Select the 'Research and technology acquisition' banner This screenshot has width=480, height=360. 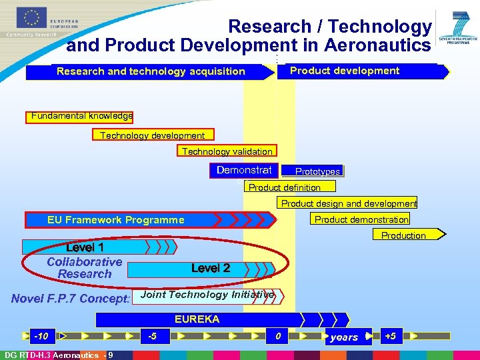[151, 71]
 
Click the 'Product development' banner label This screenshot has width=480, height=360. [345, 71]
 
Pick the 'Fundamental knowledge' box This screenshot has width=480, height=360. [81, 117]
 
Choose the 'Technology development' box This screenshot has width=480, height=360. [153, 135]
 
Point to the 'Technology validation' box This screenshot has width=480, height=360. [227, 151]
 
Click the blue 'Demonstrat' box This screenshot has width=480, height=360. [244, 171]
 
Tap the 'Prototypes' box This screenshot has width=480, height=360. [317, 171]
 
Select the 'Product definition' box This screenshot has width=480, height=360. [285, 187]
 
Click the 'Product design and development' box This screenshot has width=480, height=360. [349, 203]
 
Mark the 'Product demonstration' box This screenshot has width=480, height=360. [361, 219]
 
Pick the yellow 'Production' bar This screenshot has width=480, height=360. [403, 235]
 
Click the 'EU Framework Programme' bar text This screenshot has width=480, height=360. [116, 219]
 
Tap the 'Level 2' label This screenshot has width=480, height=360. [211, 268]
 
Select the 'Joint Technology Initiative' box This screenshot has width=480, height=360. [208, 295]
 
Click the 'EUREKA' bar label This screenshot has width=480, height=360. [197, 319]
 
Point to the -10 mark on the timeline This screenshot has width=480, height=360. [41, 335]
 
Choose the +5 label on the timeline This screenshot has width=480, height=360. [390, 335]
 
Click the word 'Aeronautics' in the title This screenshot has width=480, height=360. [377, 45]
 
